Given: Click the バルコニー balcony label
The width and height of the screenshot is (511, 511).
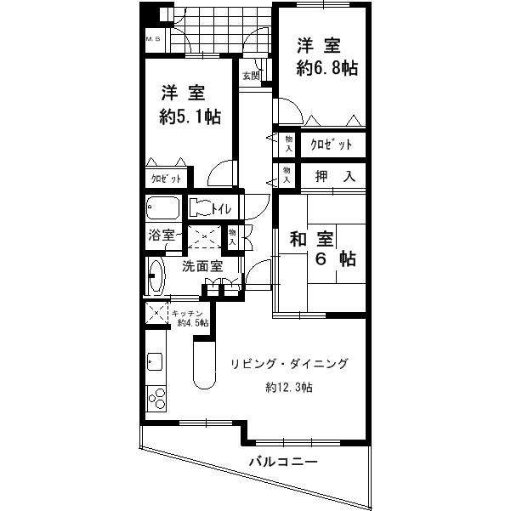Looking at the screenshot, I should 283,463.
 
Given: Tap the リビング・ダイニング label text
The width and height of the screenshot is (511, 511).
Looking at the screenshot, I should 289,364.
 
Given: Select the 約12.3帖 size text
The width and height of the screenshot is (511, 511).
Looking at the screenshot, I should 288,389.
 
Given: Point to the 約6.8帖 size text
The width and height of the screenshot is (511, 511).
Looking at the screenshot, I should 327,70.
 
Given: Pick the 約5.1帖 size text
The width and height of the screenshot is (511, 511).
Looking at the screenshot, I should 191,116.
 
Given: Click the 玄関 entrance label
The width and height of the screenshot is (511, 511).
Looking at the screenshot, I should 251,76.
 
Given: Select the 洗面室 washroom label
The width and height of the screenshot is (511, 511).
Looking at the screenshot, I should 202,265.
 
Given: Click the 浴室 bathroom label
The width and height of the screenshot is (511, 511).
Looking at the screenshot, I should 162,235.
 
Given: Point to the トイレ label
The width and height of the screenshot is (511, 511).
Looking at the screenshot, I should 223,207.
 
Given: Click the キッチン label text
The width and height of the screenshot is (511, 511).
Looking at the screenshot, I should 188,313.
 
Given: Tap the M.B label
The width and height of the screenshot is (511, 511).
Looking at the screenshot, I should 153,39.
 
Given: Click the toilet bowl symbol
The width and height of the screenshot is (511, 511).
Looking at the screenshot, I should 199,207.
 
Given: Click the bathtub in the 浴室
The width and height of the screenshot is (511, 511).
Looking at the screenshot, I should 162,208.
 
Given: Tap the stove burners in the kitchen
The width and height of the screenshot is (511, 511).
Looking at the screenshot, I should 157,398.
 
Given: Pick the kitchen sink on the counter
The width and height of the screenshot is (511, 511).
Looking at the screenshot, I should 156,361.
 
